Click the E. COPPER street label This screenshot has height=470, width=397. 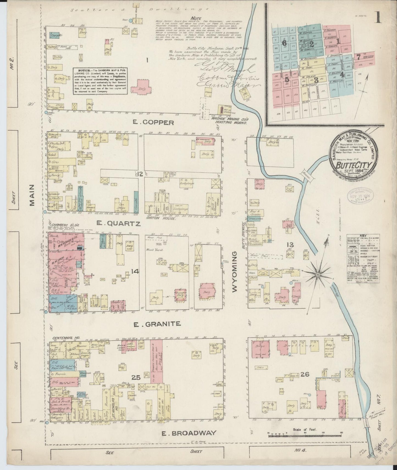(x=153, y=123)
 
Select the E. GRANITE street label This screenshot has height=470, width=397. (x=157, y=324)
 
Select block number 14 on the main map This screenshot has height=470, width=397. (x=135, y=271)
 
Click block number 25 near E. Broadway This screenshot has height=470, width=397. (x=136, y=378)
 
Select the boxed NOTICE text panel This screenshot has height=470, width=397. (x=100, y=81)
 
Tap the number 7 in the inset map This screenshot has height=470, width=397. (x=358, y=57)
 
